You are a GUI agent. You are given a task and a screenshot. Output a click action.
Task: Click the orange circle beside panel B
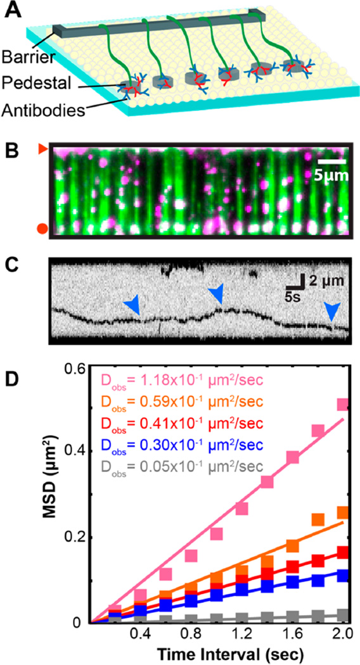point(42,228)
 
